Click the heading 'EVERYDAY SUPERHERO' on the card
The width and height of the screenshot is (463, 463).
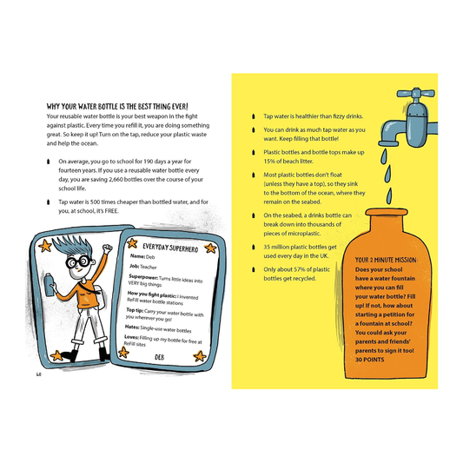(x=166, y=247)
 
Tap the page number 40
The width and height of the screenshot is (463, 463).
(x=39, y=374)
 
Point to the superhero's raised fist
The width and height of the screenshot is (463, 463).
(x=107, y=251)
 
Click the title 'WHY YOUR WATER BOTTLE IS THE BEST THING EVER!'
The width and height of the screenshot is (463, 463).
(x=123, y=106)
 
